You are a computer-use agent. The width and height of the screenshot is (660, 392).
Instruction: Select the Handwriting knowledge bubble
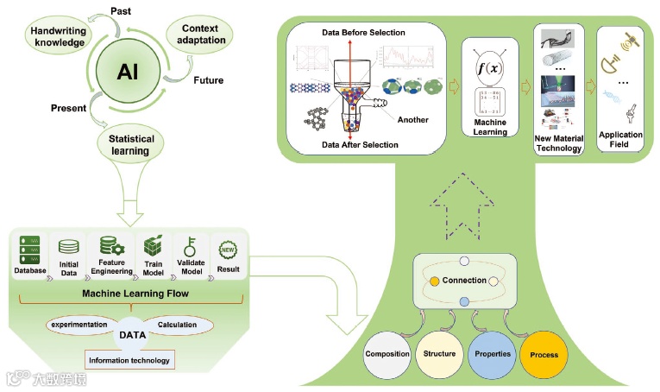(57, 36)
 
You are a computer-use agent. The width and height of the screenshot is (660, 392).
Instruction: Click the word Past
(122, 9)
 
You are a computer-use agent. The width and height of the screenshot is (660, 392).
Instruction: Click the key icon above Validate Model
(192, 246)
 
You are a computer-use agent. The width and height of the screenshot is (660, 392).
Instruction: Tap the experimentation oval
(79, 325)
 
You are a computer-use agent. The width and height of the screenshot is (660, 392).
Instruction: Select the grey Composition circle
(387, 354)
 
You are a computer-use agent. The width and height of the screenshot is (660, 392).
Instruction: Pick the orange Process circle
(544, 355)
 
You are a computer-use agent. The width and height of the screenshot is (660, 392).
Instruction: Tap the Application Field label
(620, 139)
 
